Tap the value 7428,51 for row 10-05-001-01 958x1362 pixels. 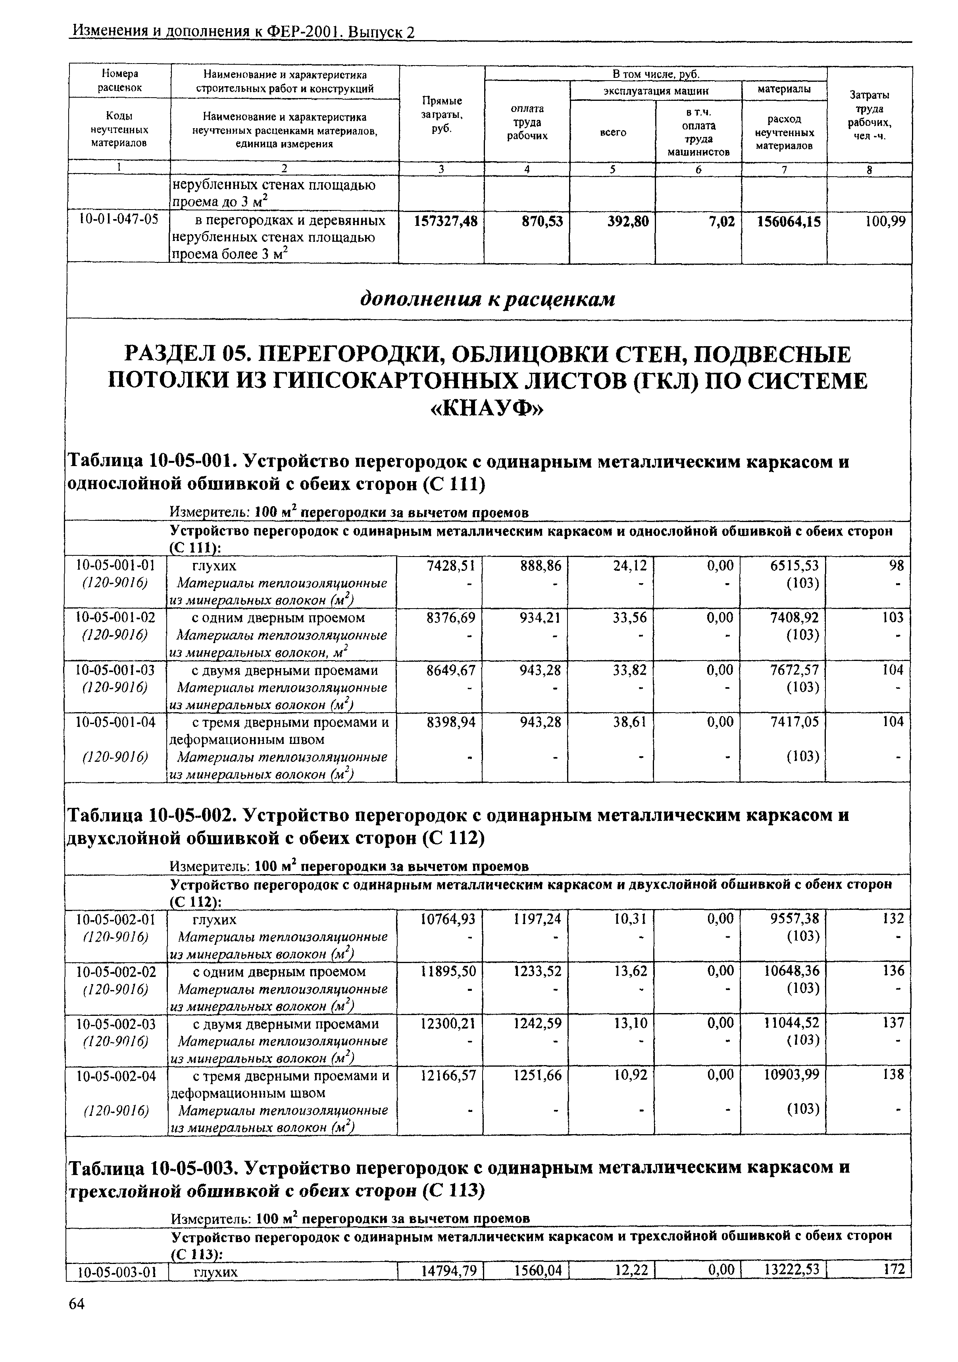pyautogui.click(x=451, y=566)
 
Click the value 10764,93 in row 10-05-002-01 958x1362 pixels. pyautogui.click(x=448, y=919)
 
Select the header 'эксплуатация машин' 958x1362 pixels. pyautogui.click(x=656, y=91)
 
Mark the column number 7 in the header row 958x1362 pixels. pyautogui.click(x=784, y=170)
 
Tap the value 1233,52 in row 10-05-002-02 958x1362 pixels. pyautogui.click(x=537, y=971)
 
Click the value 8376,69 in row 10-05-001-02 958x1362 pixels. pyautogui.click(x=451, y=618)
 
